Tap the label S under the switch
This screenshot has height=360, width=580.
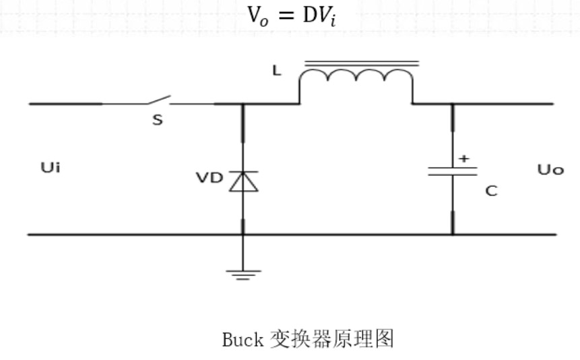coord(157,121)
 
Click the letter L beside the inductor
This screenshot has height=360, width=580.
coord(277,70)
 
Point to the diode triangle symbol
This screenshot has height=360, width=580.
coord(243,181)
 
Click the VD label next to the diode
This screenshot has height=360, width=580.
coord(209,178)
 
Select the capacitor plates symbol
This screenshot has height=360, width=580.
coord(451,171)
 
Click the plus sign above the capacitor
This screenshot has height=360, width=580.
coord(463,158)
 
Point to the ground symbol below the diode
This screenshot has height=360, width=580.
coord(243,272)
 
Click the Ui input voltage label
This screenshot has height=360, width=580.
coord(50,168)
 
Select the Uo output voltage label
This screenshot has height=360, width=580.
coord(550,169)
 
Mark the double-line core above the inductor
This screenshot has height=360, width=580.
coord(361,64)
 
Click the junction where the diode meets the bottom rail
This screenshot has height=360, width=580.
coord(243,235)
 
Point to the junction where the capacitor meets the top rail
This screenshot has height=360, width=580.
coord(451,104)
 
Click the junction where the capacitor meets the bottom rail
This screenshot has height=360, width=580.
coord(451,235)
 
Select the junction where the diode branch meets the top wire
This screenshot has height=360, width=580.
coord(243,104)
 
